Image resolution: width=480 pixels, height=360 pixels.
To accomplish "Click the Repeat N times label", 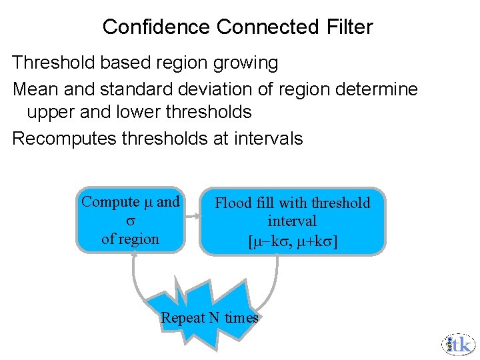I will pos(209,317).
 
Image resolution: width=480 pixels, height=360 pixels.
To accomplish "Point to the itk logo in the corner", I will pos(458,343).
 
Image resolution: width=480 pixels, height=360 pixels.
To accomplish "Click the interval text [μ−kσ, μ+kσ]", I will pos(292,240).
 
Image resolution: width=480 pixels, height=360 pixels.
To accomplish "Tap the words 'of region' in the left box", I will pos(130,239).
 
